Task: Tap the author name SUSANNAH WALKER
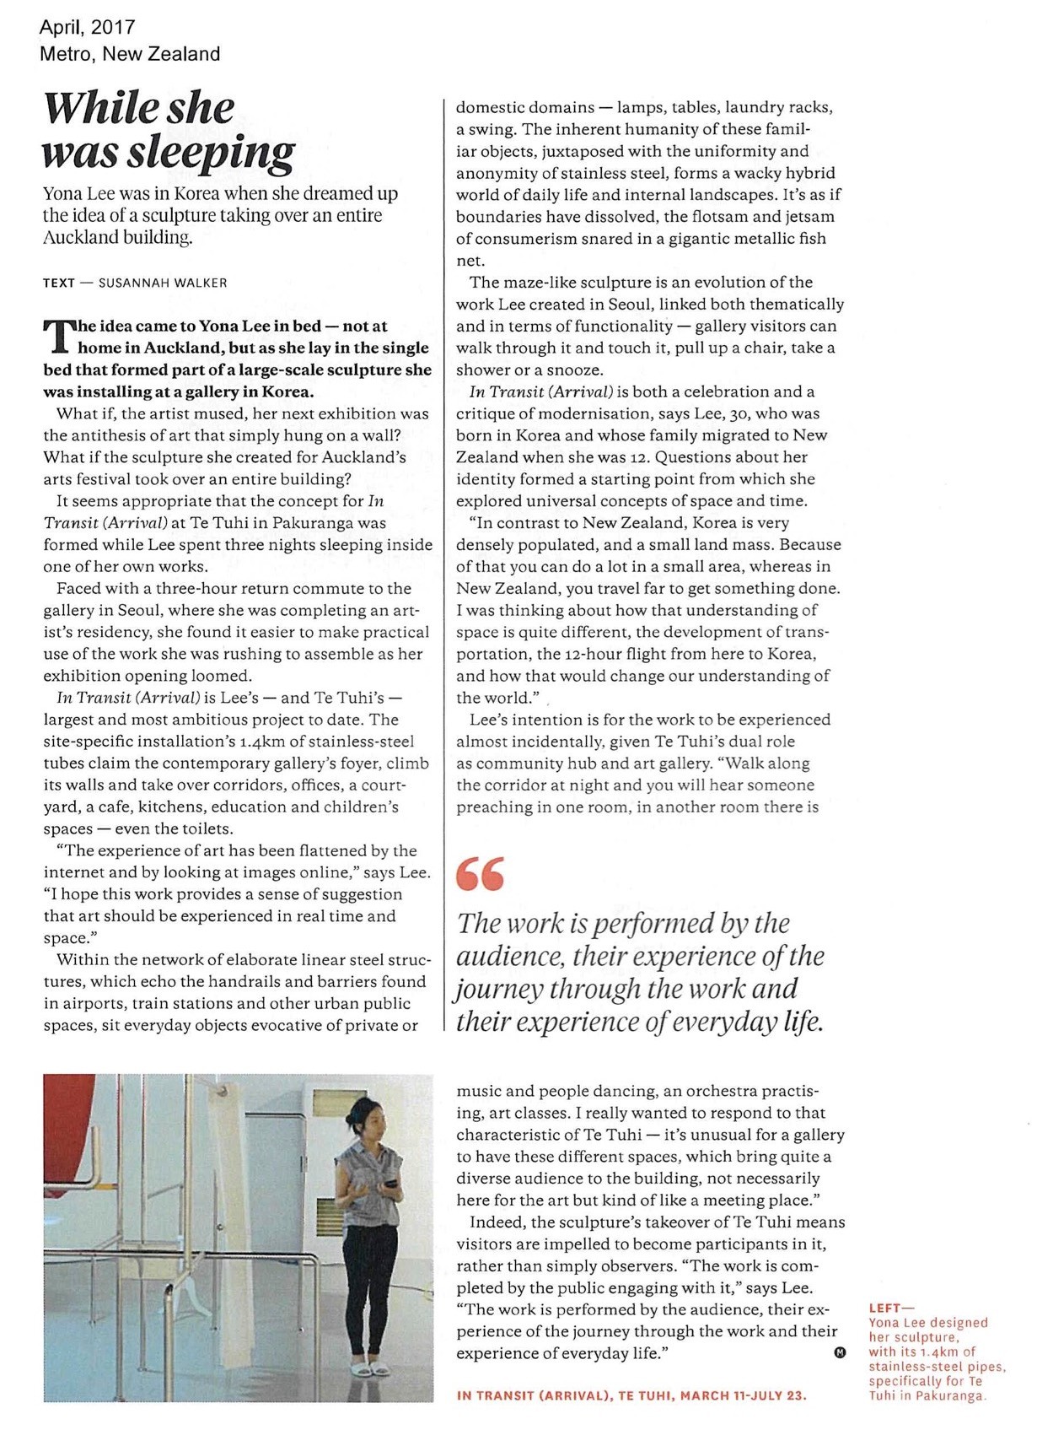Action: click(x=163, y=283)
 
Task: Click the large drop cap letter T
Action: click(x=56, y=336)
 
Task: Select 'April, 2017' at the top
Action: click(x=87, y=28)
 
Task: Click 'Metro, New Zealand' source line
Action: click(x=129, y=54)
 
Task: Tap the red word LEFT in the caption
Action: click(x=884, y=1308)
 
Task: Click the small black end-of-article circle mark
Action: click(x=839, y=1352)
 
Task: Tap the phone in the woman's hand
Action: click(x=390, y=1184)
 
